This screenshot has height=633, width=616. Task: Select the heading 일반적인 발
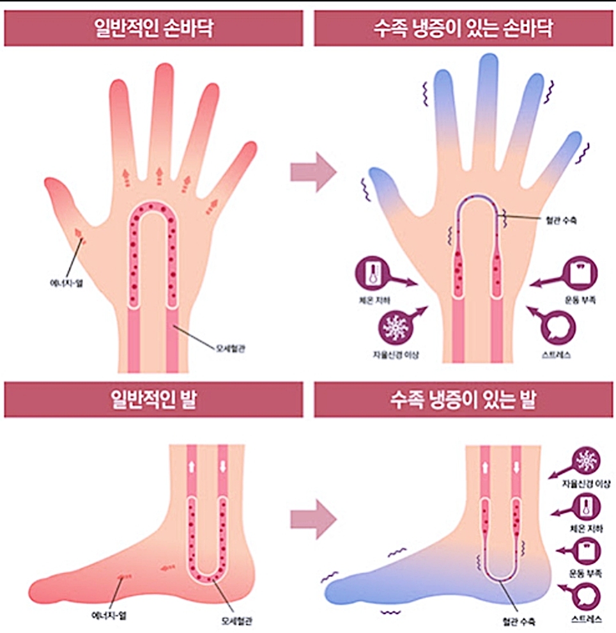click(153, 401)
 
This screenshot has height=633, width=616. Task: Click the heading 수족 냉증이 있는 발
click(464, 401)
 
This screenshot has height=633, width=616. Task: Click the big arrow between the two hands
click(312, 171)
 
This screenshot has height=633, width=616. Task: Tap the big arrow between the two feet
click(312, 510)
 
